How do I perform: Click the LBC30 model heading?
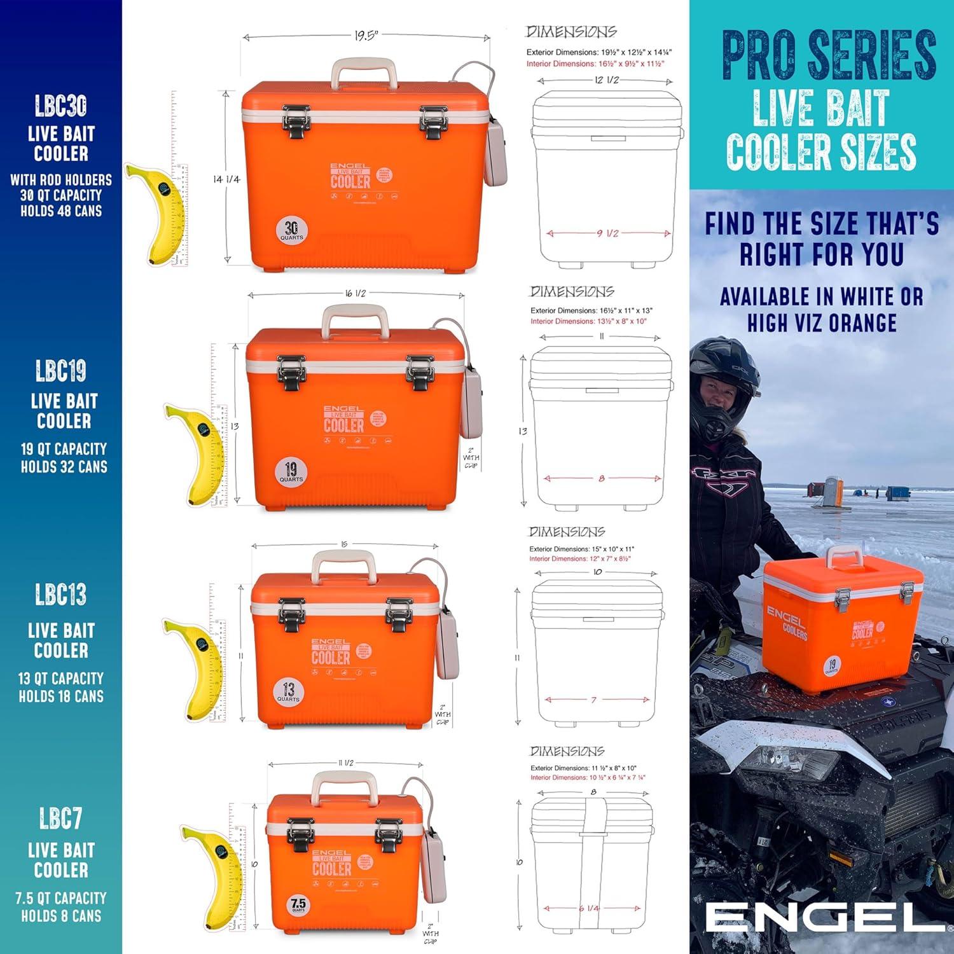point(60,106)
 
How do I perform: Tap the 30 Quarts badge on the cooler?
point(291,230)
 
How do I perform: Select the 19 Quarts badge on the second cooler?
point(291,472)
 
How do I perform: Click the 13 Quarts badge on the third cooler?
point(288,691)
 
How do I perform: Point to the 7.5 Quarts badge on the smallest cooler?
point(298,904)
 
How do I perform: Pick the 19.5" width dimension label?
point(366,36)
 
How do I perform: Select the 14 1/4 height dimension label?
point(226,179)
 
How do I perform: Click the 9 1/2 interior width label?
point(607,233)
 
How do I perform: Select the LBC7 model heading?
point(60,819)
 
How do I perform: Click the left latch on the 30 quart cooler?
point(296,121)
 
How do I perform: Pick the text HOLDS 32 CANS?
point(64,467)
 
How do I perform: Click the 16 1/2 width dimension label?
point(356,293)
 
